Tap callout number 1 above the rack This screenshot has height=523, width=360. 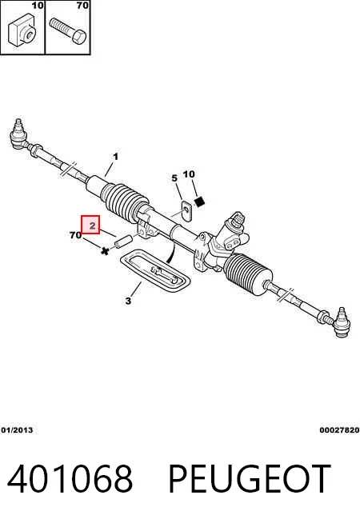click(x=115, y=157)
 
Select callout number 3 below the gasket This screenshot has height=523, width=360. click(x=129, y=301)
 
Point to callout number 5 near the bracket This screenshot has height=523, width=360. click(x=174, y=178)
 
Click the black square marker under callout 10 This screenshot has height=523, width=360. click(x=199, y=202)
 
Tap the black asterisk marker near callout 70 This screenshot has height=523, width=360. click(x=105, y=251)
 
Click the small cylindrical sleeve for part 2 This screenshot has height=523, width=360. click(x=122, y=242)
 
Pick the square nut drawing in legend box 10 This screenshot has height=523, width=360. click(x=22, y=30)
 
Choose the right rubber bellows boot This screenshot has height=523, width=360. click(x=247, y=272)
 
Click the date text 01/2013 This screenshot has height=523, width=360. click(x=17, y=430)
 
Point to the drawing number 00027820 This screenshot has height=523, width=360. click(x=339, y=430)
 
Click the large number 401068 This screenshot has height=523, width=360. click(x=70, y=479)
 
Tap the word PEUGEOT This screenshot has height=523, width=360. click(x=250, y=479)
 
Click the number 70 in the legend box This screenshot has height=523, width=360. click(x=82, y=5)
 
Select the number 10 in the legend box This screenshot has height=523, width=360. click(x=38, y=5)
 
